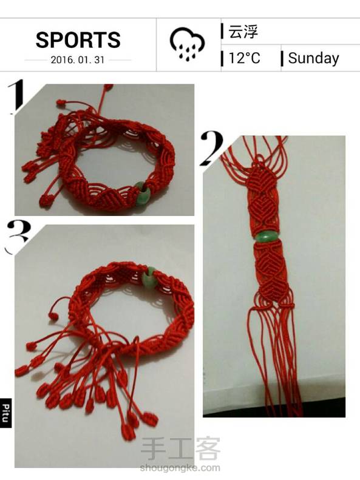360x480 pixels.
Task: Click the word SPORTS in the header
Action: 78,40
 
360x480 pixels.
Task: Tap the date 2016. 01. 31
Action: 78,59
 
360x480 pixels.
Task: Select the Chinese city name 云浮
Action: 243,31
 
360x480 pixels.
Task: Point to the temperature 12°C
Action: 244,58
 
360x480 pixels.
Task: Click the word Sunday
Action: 313,58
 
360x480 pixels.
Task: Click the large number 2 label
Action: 212,147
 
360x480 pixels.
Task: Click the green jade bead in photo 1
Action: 141,193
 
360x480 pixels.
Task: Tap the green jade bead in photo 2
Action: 266,236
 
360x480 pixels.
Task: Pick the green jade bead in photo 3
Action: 150,277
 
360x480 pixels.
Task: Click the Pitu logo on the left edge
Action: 5,413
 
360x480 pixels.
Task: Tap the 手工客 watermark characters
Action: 181,449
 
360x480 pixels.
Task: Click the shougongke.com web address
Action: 180,468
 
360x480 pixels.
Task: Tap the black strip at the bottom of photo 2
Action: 274,408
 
